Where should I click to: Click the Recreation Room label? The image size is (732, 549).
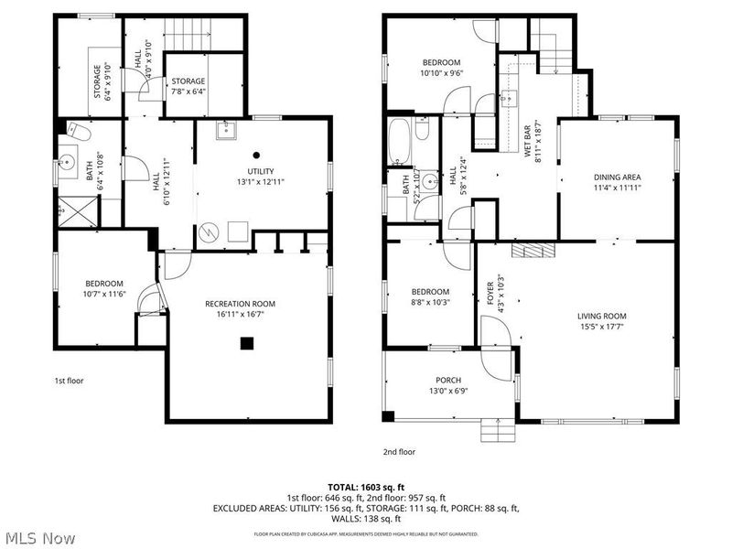(240, 304)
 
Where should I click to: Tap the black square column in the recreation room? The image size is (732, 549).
(246, 344)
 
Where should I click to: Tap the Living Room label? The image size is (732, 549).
(601, 316)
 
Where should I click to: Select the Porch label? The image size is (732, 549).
(447, 380)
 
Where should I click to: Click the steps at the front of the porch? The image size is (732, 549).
(494, 429)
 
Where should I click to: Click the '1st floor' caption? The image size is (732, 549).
(69, 380)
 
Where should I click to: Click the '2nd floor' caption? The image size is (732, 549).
(399, 452)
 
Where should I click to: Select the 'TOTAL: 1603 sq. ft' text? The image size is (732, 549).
(366, 488)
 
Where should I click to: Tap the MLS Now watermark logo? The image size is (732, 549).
(38, 538)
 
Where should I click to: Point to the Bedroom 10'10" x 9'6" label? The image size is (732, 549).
(441, 62)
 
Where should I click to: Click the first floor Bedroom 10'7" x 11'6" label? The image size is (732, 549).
(103, 283)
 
